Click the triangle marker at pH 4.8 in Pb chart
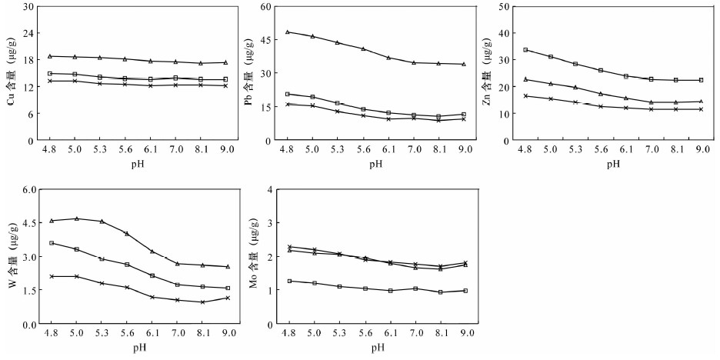[288, 32]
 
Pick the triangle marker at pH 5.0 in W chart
[76, 218]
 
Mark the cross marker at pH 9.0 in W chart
[228, 298]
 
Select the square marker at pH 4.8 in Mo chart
[289, 281]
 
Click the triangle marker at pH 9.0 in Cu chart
[225, 62]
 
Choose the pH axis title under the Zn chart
[613, 164]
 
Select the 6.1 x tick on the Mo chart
[391, 336]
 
